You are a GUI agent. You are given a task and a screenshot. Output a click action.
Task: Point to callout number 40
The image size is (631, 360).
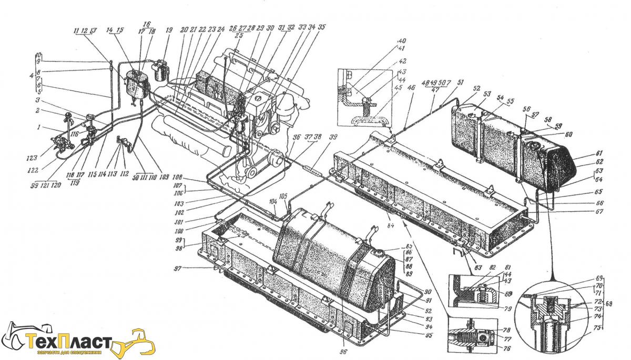pyautogui.click(x=402, y=40)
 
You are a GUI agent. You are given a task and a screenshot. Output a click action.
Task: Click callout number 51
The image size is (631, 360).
pyautogui.click(x=461, y=82)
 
